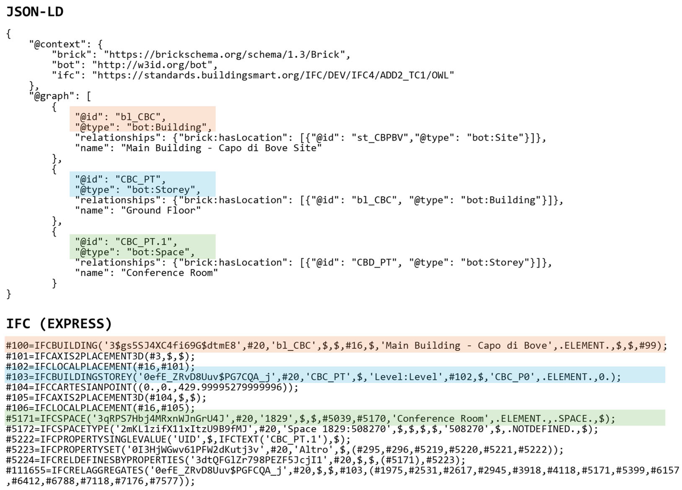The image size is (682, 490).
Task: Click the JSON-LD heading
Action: pos(35,12)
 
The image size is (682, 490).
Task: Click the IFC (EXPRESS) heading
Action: pos(59,324)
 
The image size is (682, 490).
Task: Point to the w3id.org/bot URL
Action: pos(155,65)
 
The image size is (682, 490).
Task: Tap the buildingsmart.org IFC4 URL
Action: pos(273,75)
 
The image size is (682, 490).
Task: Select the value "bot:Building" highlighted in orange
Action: pos(167,127)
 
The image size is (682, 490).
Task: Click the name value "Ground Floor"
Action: pos(161,210)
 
